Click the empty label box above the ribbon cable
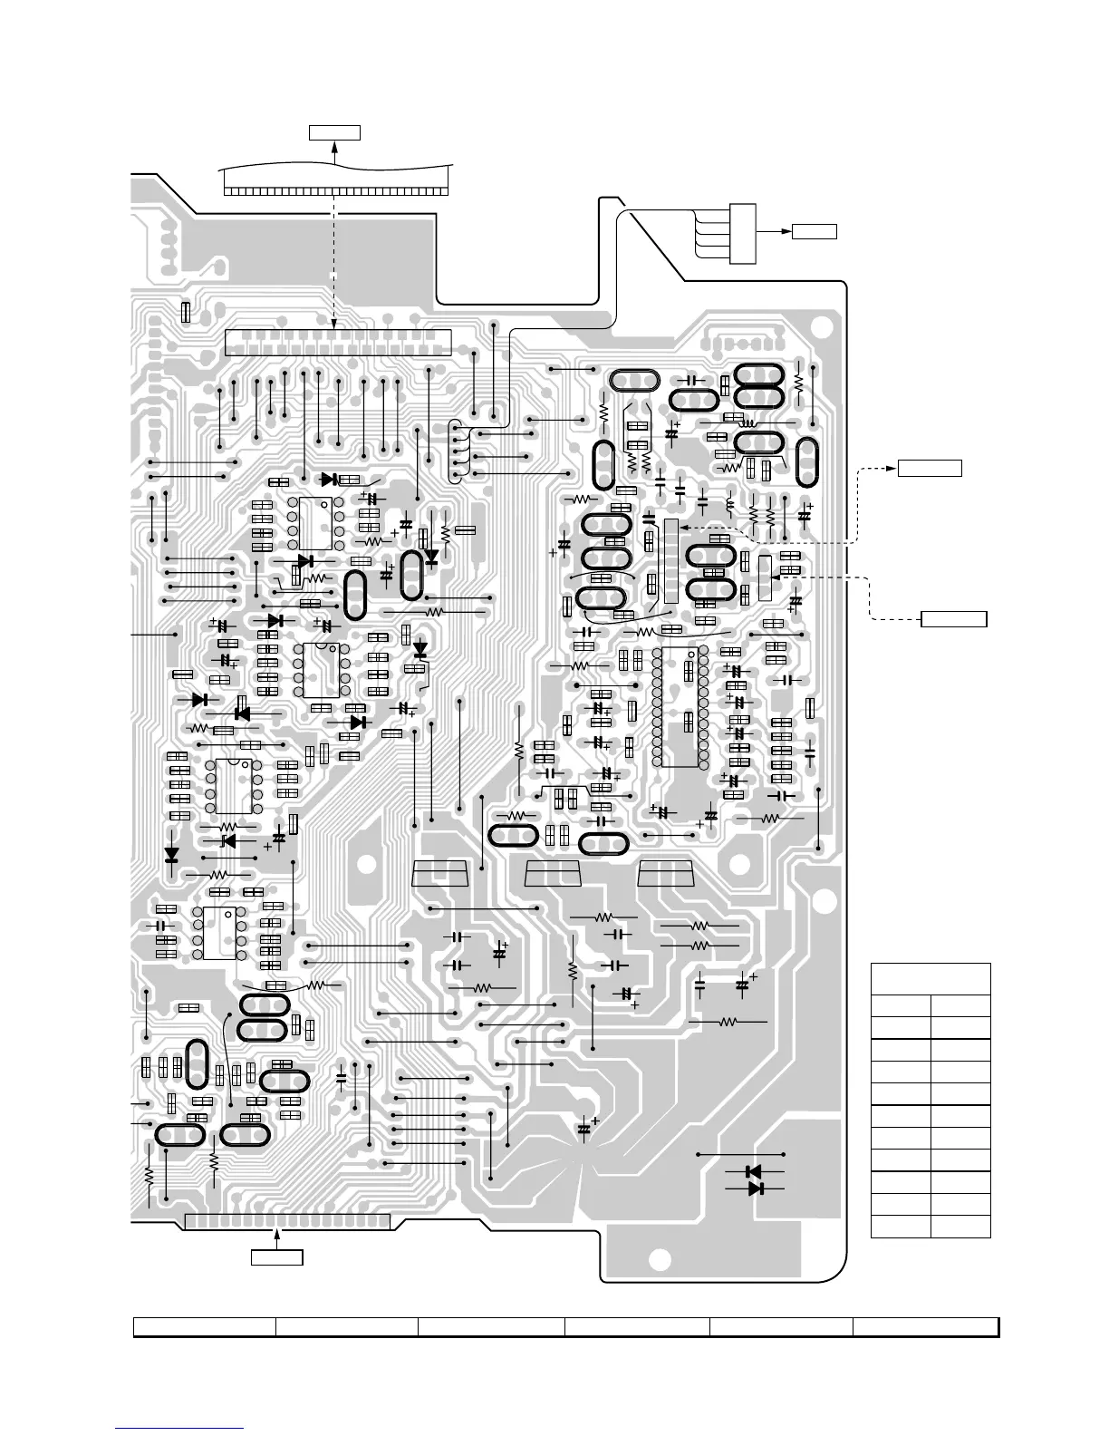[x=334, y=133]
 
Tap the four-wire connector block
[x=742, y=234]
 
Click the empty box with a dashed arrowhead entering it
[x=930, y=468]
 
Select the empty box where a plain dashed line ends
[x=954, y=619]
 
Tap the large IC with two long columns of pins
[x=679, y=707]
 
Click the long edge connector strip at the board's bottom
[x=287, y=1222]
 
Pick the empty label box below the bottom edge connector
[x=276, y=1257]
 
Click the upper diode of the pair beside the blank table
[x=752, y=1172]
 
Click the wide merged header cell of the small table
[x=931, y=979]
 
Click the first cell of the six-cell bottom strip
[x=205, y=1327]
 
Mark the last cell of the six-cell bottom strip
[x=925, y=1327]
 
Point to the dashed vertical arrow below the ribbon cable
[x=335, y=263]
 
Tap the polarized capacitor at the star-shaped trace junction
[x=584, y=1130]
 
